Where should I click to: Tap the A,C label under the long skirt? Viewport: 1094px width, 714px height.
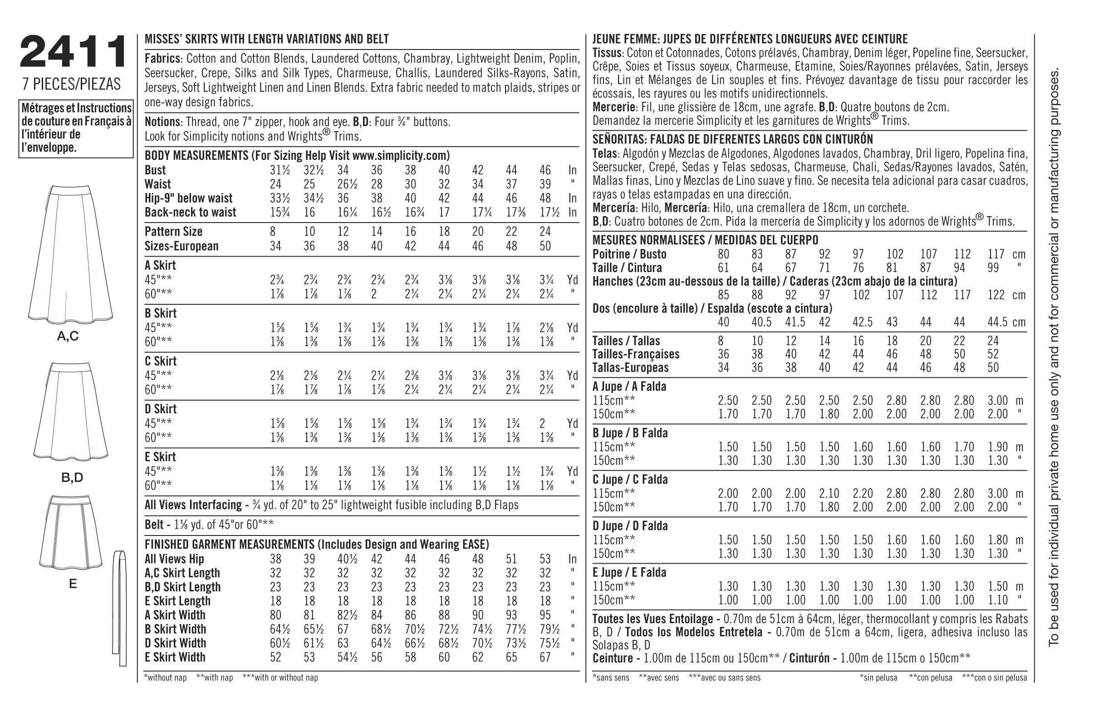coord(68,337)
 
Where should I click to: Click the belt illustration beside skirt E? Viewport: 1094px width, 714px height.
coord(120,608)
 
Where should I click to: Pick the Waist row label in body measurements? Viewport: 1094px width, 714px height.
coord(157,184)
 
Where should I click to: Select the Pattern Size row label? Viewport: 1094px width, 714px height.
coord(173,231)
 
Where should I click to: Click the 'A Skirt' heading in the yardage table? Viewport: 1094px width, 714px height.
coord(161,265)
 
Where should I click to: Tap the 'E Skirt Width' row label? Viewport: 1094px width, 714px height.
coord(175,657)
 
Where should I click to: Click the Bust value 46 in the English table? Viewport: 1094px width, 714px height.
coord(545,170)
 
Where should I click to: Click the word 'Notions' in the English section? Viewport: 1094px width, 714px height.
coord(162,122)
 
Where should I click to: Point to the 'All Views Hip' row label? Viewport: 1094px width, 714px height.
coord(174,560)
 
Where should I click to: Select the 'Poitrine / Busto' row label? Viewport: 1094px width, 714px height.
coord(629,254)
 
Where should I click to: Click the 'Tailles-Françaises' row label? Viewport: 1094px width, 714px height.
coord(636,354)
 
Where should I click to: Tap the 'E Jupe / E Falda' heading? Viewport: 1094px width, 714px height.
coord(629,573)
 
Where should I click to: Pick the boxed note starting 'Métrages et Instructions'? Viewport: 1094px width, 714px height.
coord(76,129)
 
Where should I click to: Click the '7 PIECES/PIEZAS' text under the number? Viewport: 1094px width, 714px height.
coord(72,84)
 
